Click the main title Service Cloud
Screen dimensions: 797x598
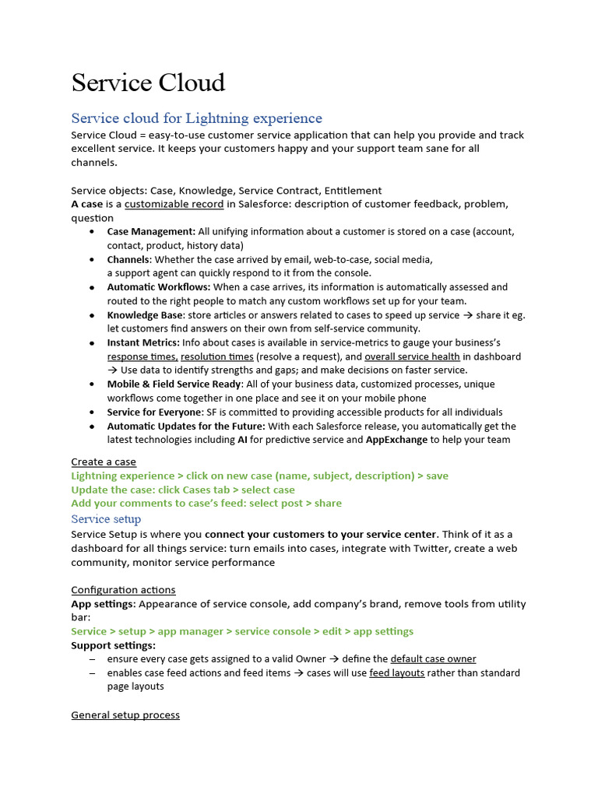(148, 83)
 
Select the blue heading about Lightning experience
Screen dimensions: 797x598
(196, 118)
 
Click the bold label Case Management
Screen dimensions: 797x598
(151, 231)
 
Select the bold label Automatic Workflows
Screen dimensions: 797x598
(159, 287)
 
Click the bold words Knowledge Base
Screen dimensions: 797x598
(146, 315)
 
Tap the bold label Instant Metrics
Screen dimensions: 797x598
(143, 342)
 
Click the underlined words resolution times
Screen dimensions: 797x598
(216, 356)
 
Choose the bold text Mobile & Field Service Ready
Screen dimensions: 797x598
(175, 384)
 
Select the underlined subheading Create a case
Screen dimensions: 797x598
(104, 462)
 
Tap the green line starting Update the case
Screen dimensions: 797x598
(183, 490)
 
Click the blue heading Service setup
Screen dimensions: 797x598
(106, 519)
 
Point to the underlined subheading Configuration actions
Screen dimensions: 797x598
(123, 590)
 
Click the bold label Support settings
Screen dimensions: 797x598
(114, 645)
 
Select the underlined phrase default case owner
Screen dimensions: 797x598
(433, 658)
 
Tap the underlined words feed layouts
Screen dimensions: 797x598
(396, 672)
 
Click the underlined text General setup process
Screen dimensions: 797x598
(125, 714)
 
